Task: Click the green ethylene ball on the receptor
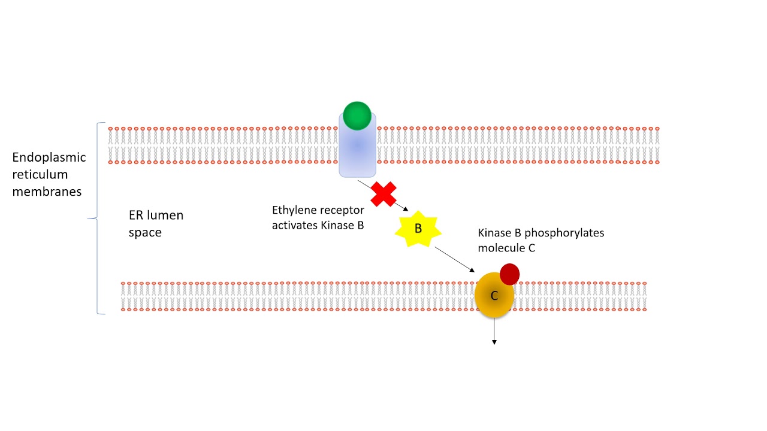tap(357, 116)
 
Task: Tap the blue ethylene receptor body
tap(357, 153)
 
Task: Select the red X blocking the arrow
tap(383, 195)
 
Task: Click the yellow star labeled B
tap(418, 229)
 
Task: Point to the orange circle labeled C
tap(494, 296)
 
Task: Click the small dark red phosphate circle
tap(509, 274)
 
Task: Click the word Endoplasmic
tap(49, 157)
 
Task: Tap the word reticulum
tap(40, 175)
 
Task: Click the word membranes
tap(47, 192)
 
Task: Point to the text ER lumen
tap(156, 215)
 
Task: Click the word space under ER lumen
tap(145, 232)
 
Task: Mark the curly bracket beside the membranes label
tap(93, 218)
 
